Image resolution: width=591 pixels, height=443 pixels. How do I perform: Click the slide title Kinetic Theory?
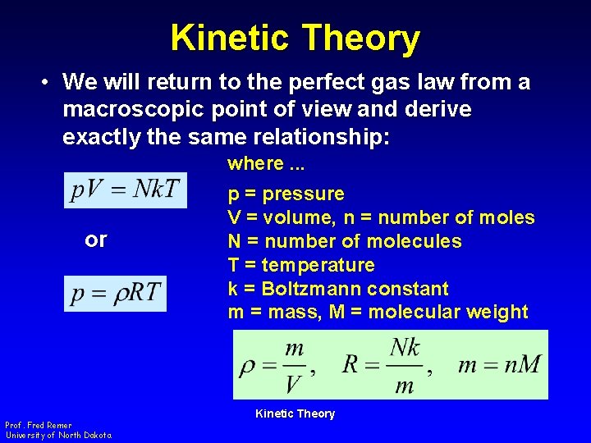tap(295, 38)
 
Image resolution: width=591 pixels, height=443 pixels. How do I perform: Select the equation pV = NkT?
tap(126, 190)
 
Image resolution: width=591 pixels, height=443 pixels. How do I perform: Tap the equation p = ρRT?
tap(115, 293)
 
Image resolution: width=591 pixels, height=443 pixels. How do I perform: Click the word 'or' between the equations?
tap(96, 240)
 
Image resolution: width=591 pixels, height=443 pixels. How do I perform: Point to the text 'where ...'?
tap(265, 163)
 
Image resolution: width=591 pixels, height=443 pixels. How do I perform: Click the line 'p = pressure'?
tap(286, 194)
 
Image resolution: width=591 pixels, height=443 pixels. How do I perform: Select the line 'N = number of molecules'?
tap(344, 242)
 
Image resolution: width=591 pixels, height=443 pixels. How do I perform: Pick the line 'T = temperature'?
tap(300, 266)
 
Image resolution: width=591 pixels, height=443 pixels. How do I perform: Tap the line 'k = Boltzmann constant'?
tap(337, 289)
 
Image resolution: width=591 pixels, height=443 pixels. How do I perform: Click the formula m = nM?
tap(499, 364)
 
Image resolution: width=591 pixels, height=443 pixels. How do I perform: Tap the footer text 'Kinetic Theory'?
tap(295, 413)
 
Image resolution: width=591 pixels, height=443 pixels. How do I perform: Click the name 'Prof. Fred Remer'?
tap(39, 425)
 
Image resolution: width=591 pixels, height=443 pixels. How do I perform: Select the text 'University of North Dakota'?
tap(58, 435)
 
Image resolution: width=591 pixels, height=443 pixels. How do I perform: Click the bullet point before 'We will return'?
tap(48, 83)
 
